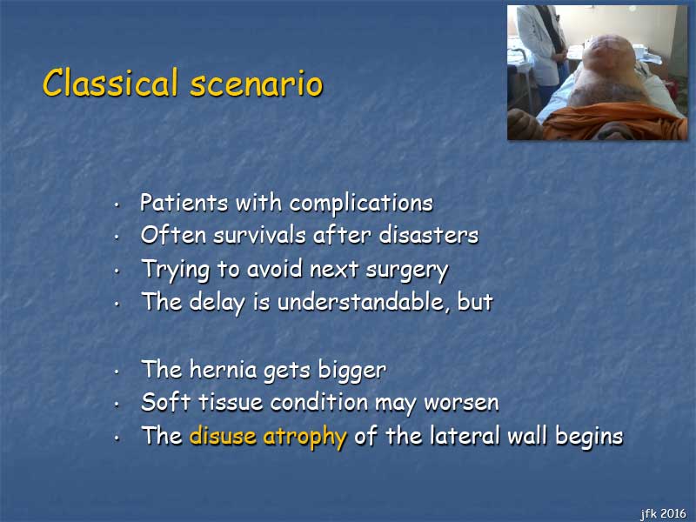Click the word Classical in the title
coord(110,82)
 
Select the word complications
coord(361,204)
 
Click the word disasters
coord(429,234)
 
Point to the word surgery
coord(407,270)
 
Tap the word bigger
coord(352,371)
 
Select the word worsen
coord(462,403)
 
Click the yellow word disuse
coord(223,436)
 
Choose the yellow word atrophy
coord(305,437)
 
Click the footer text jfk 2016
coord(664,513)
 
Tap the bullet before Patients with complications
coord(117,205)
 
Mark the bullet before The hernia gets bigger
coord(117,371)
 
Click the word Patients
coord(184,203)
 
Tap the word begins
coord(590,438)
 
